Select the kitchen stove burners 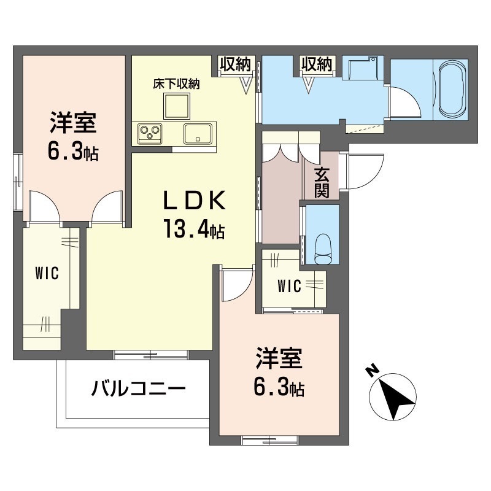tap(149, 131)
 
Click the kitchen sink tap(198, 132)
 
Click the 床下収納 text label tap(176, 83)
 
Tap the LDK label tap(194, 201)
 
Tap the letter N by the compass tap(371, 371)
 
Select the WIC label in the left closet tap(47, 273)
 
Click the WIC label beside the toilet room tap(288, 285)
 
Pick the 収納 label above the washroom tap(316, 63)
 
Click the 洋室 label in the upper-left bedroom tap(72, 123)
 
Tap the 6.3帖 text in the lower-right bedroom tap(279, 387)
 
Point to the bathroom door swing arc tap(405, 101)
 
